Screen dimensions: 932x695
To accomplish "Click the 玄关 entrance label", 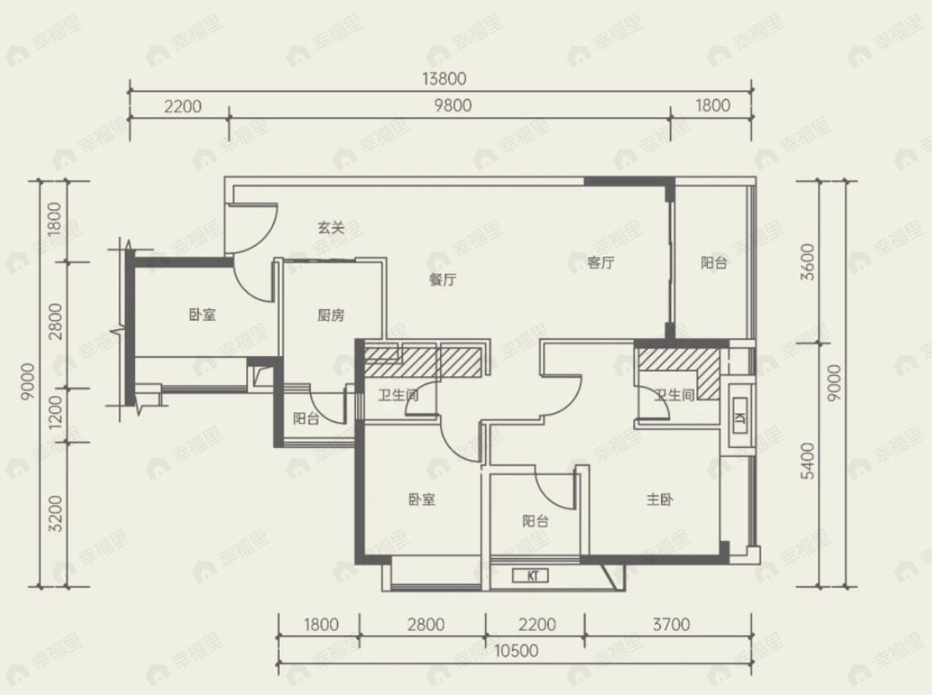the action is coord(331,228).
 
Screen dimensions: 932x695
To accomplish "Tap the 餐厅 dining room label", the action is coord(443,279).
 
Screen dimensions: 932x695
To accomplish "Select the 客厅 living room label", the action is coord(600,263).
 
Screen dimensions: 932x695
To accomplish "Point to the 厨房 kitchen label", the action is coord(331,315).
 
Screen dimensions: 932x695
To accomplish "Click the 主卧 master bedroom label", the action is coord(660,499).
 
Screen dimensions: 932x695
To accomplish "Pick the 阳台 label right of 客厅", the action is coord(713,263).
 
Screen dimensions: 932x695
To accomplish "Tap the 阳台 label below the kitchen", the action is coord(306,419).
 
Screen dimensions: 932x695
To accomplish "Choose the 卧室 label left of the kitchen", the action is coord(203,315).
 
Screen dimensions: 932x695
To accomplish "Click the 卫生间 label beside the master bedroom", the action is coord(674,395).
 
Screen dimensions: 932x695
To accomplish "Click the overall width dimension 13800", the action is coord(444,79).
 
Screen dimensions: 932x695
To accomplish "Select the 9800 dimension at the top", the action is coord(453,105).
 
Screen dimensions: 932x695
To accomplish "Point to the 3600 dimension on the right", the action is coord(807,262).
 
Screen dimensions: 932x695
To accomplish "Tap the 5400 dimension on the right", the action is coord(807,461).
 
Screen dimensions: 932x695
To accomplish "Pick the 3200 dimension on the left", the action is coord(55,514).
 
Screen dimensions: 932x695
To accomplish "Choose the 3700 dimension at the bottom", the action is coord(671,624).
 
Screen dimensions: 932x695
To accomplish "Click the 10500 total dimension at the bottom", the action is coord(516,651).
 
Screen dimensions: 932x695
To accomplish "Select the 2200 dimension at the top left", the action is coord(183,107).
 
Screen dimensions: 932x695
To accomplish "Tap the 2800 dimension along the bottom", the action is coord(425,624).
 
